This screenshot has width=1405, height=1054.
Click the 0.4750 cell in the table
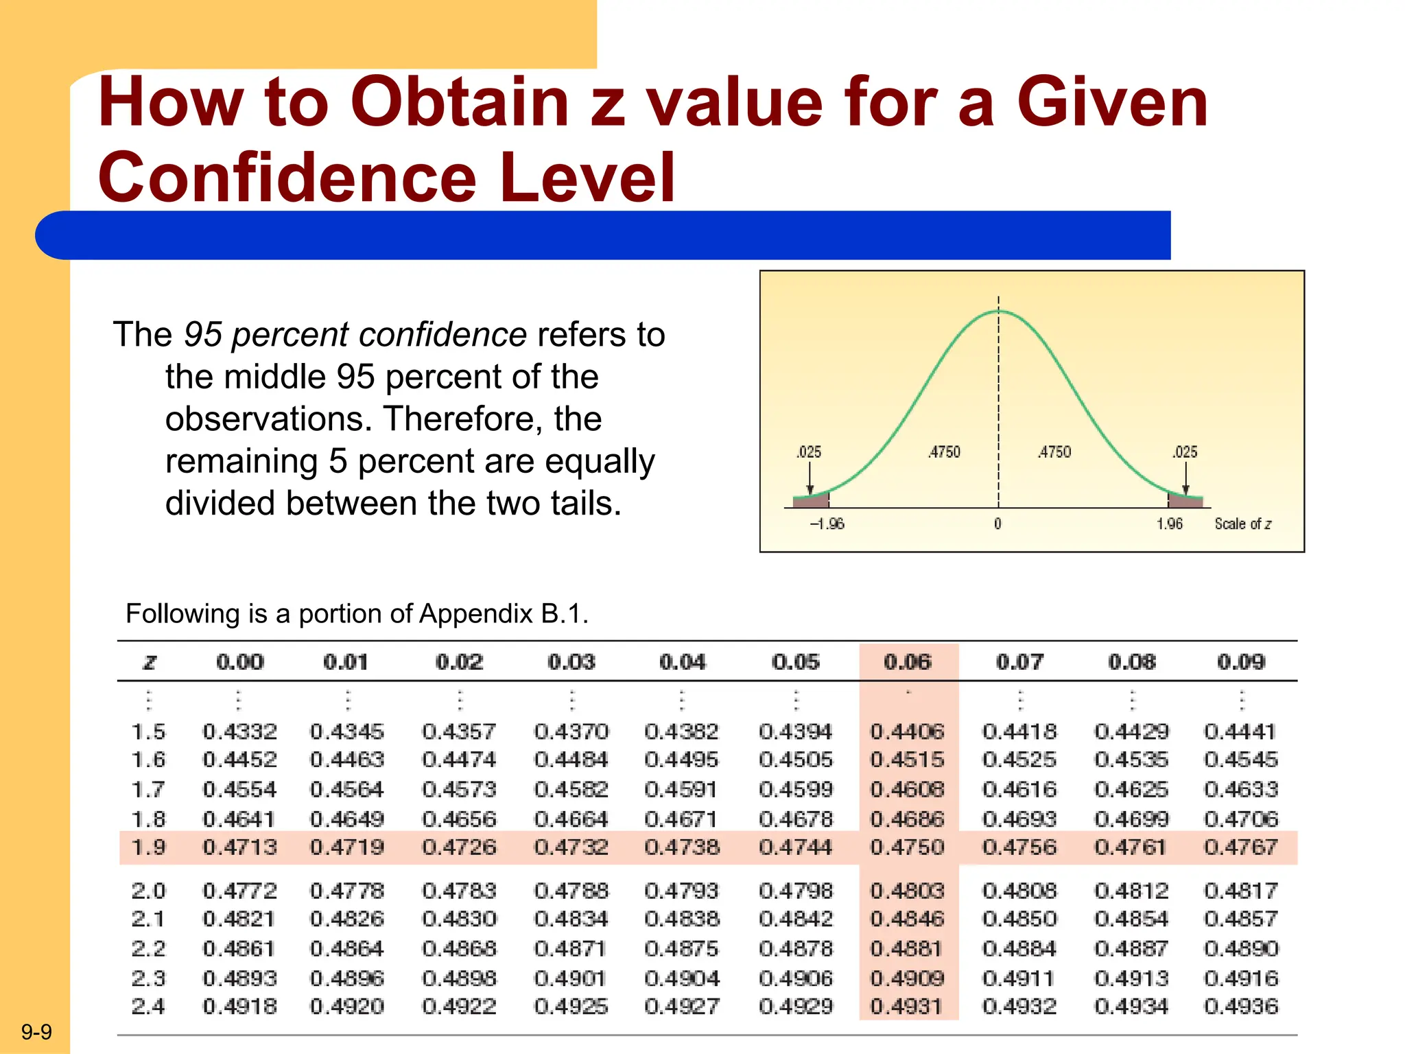click(907, 847)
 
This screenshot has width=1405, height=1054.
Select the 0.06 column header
click(907, 662)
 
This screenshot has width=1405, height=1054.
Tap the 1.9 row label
click(148, 847)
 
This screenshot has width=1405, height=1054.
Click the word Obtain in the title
click(460, 103)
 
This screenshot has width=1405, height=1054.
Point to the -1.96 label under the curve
click(827, 524)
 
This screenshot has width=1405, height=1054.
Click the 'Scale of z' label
click(1242, 524)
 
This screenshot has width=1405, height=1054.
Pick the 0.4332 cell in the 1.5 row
click(239, 731)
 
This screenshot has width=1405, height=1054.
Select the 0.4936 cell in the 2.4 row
click(1241, 1007)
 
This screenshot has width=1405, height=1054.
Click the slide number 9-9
click(36, 1032)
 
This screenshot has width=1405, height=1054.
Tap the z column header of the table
click(149, 662)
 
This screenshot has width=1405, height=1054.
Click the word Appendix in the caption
click(475, 613)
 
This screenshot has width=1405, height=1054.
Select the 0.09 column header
click(1241, 662)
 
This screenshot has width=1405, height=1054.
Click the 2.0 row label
click(148, 891)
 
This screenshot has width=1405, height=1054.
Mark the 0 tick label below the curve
click(997, 524)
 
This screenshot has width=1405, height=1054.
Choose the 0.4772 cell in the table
click(239, 891)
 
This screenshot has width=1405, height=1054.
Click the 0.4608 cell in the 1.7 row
click(907, 789)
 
